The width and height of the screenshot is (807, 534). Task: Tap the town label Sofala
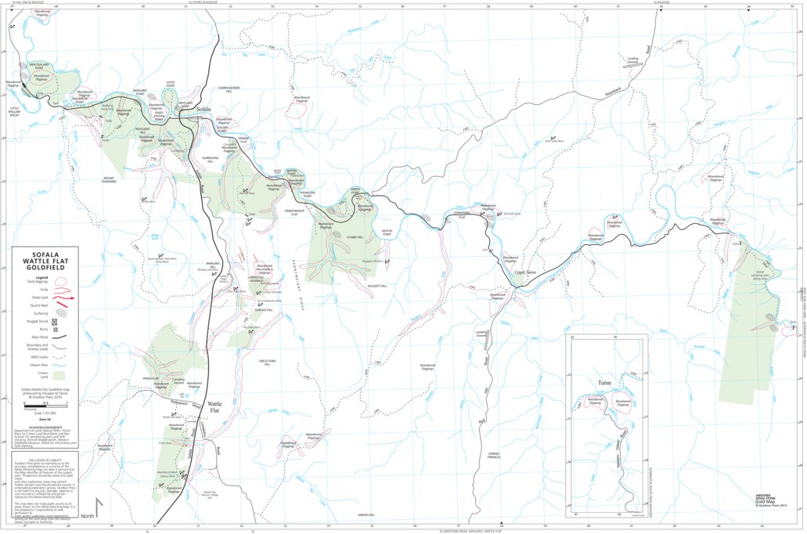pyautogui.click(x=204, y=110)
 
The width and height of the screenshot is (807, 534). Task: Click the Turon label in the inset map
pyautogui.click(x=603, y=383)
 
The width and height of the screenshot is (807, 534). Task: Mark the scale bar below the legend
pyautogui.click(x=44, y=406)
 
